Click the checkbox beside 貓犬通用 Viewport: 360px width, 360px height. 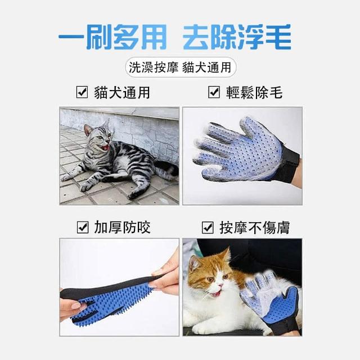point(82,92)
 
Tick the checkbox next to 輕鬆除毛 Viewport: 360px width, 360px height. point(214,92)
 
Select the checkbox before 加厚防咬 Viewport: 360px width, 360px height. point(83,227)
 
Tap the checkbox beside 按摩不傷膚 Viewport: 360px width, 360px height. point(208,227)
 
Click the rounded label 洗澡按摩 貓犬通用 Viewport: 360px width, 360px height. point(181,67)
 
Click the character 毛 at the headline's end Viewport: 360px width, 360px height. point(278,37)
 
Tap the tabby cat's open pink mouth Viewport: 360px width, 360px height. point(106,147)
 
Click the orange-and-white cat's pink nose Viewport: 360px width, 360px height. point(220,285)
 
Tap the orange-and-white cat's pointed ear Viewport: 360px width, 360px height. point(226,255)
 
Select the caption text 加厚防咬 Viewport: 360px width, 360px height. point(123,227)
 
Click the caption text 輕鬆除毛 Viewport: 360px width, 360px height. point(254,92)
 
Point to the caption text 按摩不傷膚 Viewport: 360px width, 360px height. point(255,227)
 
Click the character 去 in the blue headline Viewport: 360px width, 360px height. point(196,37)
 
